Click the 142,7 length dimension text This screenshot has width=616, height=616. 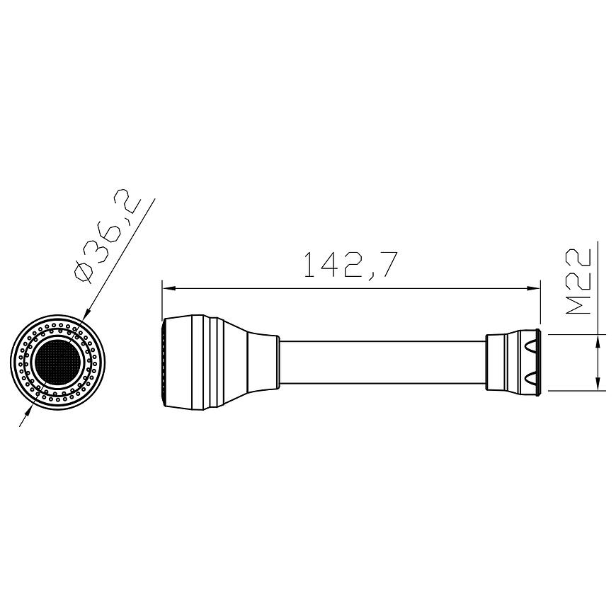click(349, 266)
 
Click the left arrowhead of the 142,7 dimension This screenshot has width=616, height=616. click(168, 289)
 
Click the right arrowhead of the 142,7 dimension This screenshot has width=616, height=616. click(533, 289)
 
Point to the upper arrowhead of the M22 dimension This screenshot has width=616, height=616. click(598, 340)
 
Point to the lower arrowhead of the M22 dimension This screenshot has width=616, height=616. click(598, 384)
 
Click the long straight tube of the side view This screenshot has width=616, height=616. click(382, 363)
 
